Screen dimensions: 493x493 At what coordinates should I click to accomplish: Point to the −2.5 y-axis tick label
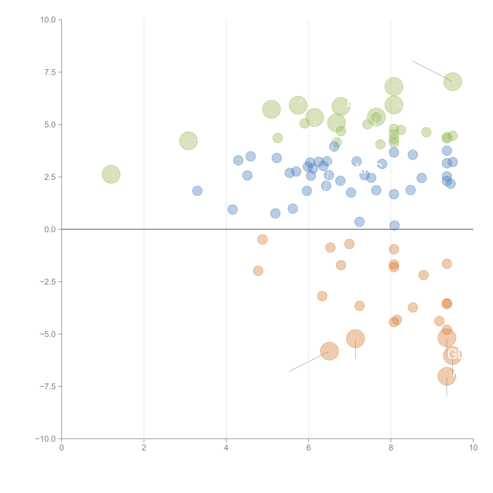pos(48,282)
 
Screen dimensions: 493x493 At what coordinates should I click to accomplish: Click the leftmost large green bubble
pos(111,174)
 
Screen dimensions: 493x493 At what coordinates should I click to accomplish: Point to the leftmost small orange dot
pos(258,271)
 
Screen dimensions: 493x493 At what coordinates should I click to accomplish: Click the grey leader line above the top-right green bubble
pos(431,71)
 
